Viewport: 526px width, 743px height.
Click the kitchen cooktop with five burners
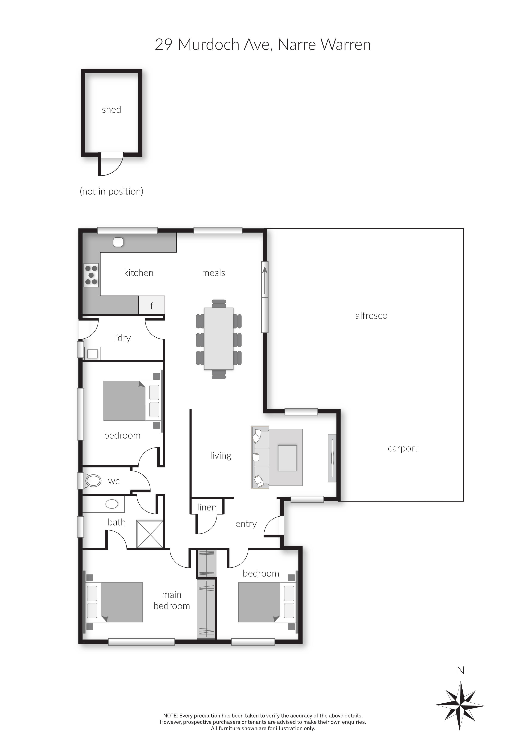pyautogui.click(x=91, y=275)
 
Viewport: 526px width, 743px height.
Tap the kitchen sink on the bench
pyautogui.click(x=118, y=242)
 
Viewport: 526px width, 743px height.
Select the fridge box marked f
pyautogui.click(x=152, y=305)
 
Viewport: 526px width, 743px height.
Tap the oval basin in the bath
pyautogui.click(x=112, y=504)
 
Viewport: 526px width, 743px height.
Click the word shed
pyautogui.click(x=112, y=110)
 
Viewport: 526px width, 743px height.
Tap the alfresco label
pyautogui.click(x=371, y=316)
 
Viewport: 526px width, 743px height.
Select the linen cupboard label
pyautogui.click(x=207, y=507)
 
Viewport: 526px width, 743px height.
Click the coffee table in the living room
pyautogui.click(x=287, y=458)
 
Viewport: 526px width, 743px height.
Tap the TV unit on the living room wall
pyautogui.click(x=332, y=458)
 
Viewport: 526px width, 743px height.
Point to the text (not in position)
pyautogui.click(x=112, y=192)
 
